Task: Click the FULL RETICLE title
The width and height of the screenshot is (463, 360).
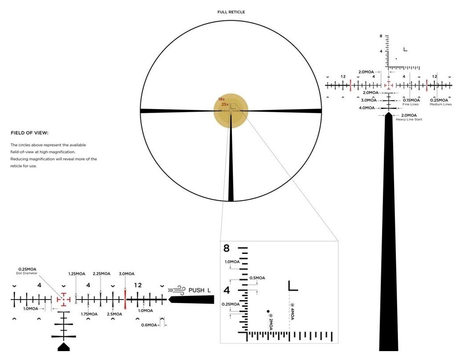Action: tap(231, 12)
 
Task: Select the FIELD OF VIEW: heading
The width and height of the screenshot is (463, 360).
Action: tap(29, 133)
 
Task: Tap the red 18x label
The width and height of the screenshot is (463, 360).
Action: tap(221, 99)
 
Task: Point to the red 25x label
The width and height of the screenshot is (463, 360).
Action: tap(225, 105)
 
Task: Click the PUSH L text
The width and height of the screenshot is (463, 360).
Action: tap(199, 291)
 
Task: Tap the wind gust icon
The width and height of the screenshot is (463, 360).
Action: tap(177, 291)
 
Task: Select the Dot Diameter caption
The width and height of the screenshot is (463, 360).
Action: tap(27, 273)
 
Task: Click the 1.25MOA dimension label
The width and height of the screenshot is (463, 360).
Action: tap(77, 274)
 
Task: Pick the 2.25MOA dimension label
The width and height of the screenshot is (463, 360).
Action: tap(102, 274)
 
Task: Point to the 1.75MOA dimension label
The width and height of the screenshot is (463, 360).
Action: tap(89, 314)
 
